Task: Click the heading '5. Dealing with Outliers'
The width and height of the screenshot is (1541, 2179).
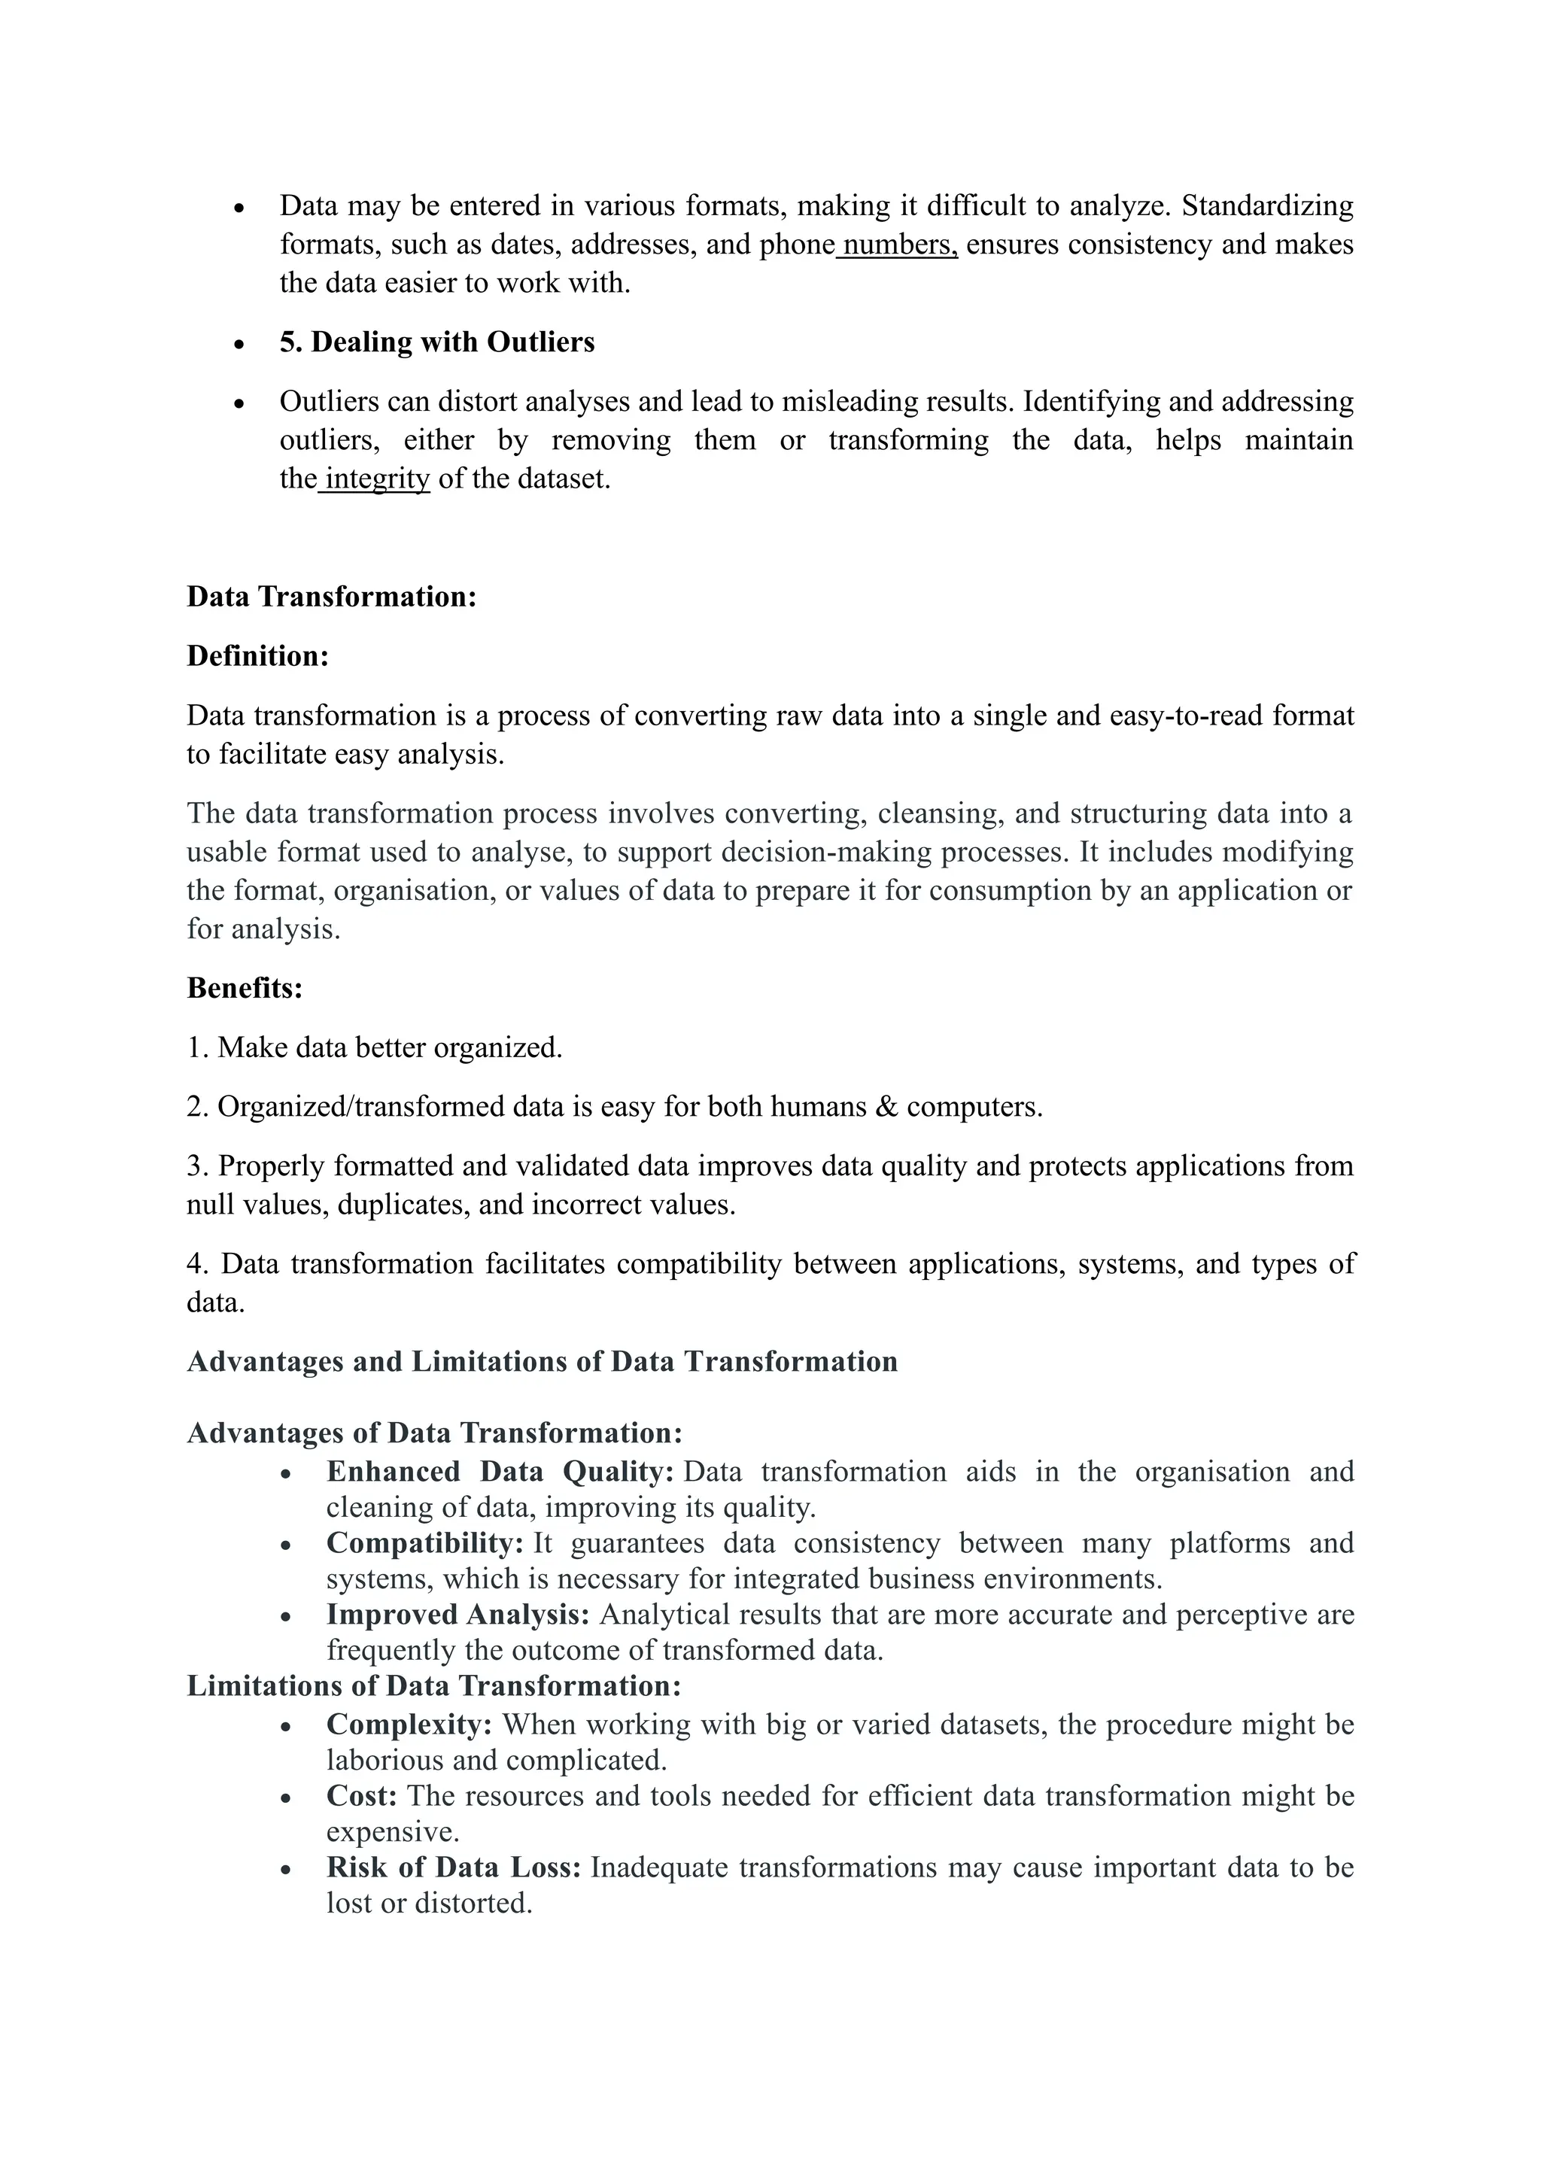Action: click(x=436, y=342)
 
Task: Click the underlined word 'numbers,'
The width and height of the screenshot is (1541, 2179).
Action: click(x=898, y=245)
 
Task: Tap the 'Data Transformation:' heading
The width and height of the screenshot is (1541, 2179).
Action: click(x=331, y=597)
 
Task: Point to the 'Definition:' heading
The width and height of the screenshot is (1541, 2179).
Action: click(x=257, y=657)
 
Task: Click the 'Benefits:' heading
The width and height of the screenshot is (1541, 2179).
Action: click(x=245, y=989)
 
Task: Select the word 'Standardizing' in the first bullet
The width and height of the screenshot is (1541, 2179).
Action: click(x=1267, y=206)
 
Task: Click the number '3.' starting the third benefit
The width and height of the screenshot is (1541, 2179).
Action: click(x=199, y=1166)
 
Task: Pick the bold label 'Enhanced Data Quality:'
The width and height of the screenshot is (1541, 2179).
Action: click(x=499, y=1472)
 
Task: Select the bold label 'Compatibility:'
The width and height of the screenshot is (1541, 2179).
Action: click(x=424, y=1543)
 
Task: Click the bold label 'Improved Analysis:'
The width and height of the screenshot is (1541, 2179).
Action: click(x=457, y=1615)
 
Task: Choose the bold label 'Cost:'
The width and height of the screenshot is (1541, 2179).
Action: click(x=361, y=1795)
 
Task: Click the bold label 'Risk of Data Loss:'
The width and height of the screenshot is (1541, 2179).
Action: click(x=453, y=1867)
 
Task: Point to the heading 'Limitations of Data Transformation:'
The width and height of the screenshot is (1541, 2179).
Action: click(x=433, y=1685)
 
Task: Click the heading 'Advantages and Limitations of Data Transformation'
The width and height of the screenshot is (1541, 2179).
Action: click(x=542, y=1362)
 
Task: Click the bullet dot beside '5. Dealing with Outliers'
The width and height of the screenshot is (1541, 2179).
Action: click(x=239, y=345)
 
